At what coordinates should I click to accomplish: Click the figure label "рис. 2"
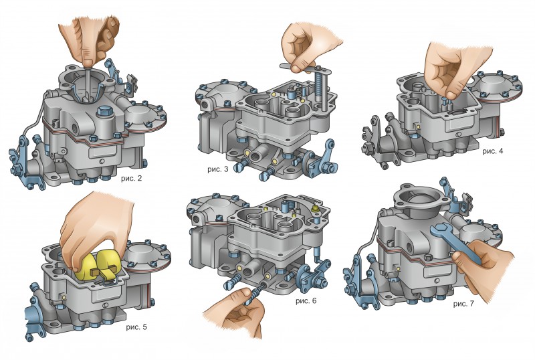pos(131,178)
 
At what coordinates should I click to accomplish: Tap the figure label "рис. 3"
pos(218,169)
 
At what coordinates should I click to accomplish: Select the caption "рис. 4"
pos(492,151)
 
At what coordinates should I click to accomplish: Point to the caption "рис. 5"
pos(136,327)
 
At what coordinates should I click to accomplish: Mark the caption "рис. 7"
pos(463,304)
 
